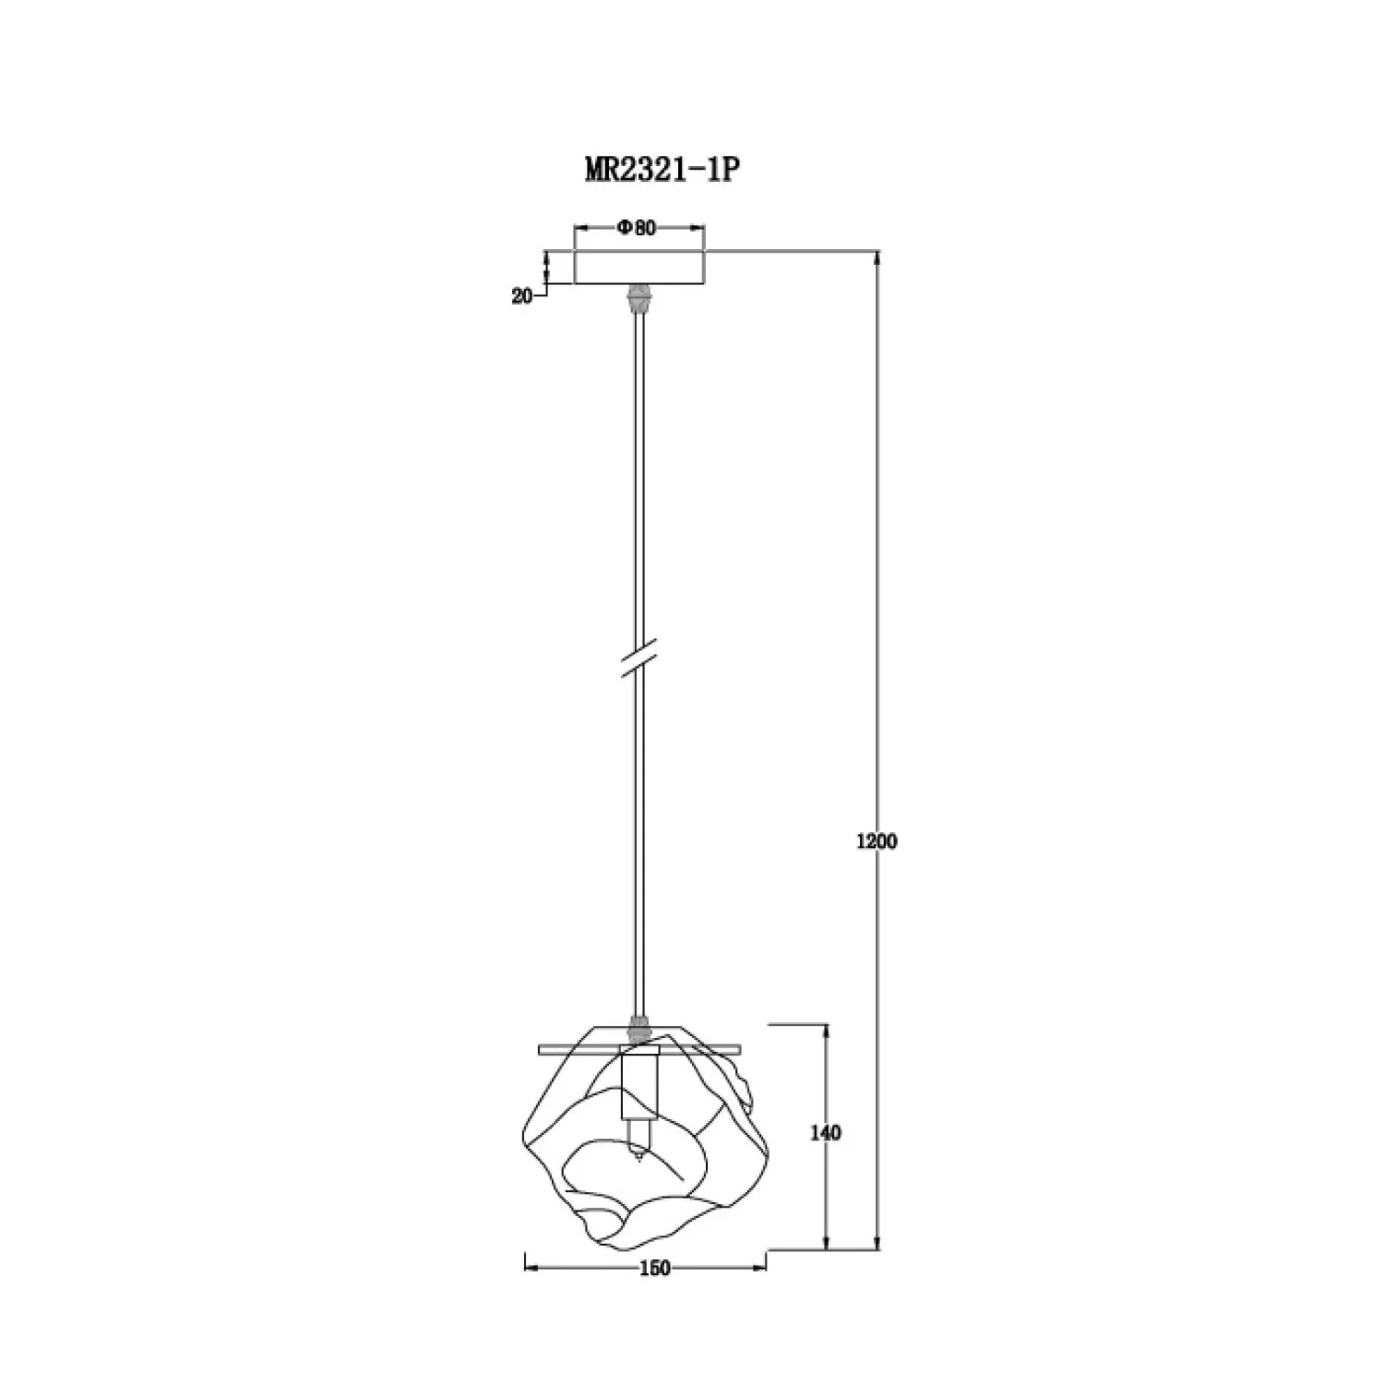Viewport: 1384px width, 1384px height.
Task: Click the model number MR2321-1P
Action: [x=662, y=170]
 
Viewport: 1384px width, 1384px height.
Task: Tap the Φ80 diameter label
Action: [x=637, y=228]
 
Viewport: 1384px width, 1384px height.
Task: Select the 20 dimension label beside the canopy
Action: [x=522, y=296]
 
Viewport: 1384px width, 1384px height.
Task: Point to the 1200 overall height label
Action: [x=877, y=841]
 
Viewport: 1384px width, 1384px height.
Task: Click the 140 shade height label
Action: [x=825, y=1132]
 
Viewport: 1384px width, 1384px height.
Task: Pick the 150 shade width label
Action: [x=653, y=1269]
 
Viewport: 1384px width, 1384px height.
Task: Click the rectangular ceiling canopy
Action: [x=638, y=266]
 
